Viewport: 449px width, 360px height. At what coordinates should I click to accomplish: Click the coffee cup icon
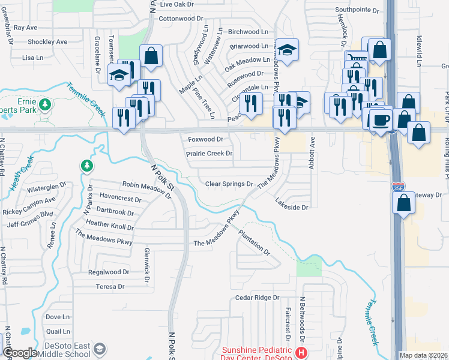click(x=381, y=119)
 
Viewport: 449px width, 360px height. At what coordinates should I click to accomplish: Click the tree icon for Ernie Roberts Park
click(x=44, y=105)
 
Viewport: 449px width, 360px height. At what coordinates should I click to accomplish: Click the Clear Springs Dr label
click(x=229, y=184)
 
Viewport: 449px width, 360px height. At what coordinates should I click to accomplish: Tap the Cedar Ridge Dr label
click(x=258, y=297)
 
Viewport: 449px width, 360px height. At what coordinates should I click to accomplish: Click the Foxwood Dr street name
click(x=205, y=139)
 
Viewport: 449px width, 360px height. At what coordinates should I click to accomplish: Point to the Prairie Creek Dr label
click(x=209, y=154)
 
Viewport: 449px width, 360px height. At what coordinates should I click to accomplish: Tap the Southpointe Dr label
click(x=358, y=10)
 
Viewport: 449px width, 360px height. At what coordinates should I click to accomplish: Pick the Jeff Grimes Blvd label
click(x=30, y=225)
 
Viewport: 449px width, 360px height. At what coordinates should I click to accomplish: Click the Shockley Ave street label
click(x=47, y=42)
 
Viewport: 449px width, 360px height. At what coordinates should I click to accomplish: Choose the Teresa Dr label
click(x=110, y=287)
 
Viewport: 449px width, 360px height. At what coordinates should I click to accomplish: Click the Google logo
click(x=19, y=352)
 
